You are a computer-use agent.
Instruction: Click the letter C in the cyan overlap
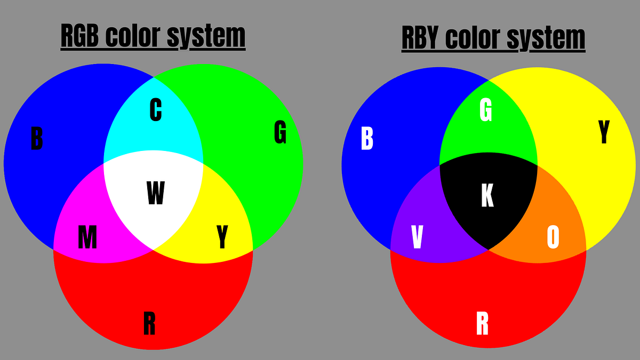tap(156, 110)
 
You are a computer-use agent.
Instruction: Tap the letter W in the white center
tap(156, 193)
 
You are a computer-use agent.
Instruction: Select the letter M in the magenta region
tap(87, 237)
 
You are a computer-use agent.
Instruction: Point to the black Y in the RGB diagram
tap(222, 237)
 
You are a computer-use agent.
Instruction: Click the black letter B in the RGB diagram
tap(37, 138)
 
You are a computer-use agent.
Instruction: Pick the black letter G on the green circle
tap(281, 132)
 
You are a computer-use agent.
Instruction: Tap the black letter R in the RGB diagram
tap(149, 323)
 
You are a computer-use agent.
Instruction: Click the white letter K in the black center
tap(487, 195)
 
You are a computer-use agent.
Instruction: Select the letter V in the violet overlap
tap(417, 237)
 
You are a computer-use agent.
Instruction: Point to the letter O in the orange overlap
tap(553, 237)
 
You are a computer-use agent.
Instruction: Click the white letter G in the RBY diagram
tap(486, 110)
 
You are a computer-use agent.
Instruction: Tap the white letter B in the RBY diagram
tap(367, 138)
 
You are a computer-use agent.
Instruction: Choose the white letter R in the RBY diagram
tap(482, 323)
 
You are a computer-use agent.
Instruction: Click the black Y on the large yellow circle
tap(604, 132)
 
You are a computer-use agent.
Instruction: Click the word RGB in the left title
tap(79, 36)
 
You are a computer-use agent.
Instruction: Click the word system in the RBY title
tap(546, 39)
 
